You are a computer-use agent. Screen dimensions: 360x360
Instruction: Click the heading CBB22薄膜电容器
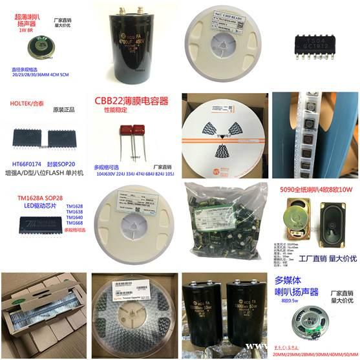tap(132, 101)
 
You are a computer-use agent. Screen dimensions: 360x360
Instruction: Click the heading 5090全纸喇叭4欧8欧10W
tap(317, 191)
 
